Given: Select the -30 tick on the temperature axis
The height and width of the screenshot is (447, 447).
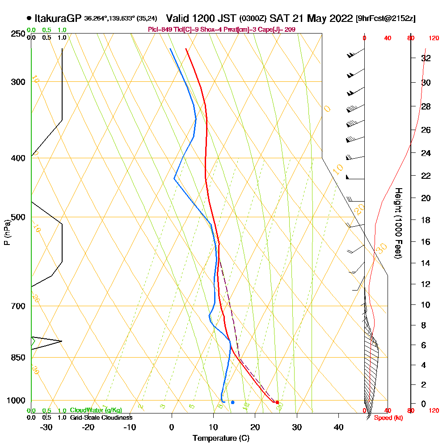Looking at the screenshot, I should point(46,427).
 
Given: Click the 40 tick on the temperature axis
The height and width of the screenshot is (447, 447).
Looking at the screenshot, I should point(338,427).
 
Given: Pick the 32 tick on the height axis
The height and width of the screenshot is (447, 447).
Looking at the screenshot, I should point(426,58).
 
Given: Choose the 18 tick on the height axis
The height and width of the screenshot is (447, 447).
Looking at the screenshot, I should point(426,220).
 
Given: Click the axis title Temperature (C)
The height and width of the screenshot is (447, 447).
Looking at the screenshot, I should point(221,439).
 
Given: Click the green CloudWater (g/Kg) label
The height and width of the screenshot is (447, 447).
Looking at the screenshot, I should point(96,410).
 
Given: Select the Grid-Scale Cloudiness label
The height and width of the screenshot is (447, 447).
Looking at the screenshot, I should point(101,417).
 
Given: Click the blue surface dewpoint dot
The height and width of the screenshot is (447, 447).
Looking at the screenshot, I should point(232,402).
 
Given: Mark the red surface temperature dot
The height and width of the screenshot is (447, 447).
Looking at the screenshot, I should point(277,402).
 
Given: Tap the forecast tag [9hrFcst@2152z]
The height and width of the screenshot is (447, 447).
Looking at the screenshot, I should point(385,19).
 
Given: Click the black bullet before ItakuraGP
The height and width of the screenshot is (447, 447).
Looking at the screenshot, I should point(29,18).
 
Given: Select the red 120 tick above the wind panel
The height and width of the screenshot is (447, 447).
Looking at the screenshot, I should point(433,38).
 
